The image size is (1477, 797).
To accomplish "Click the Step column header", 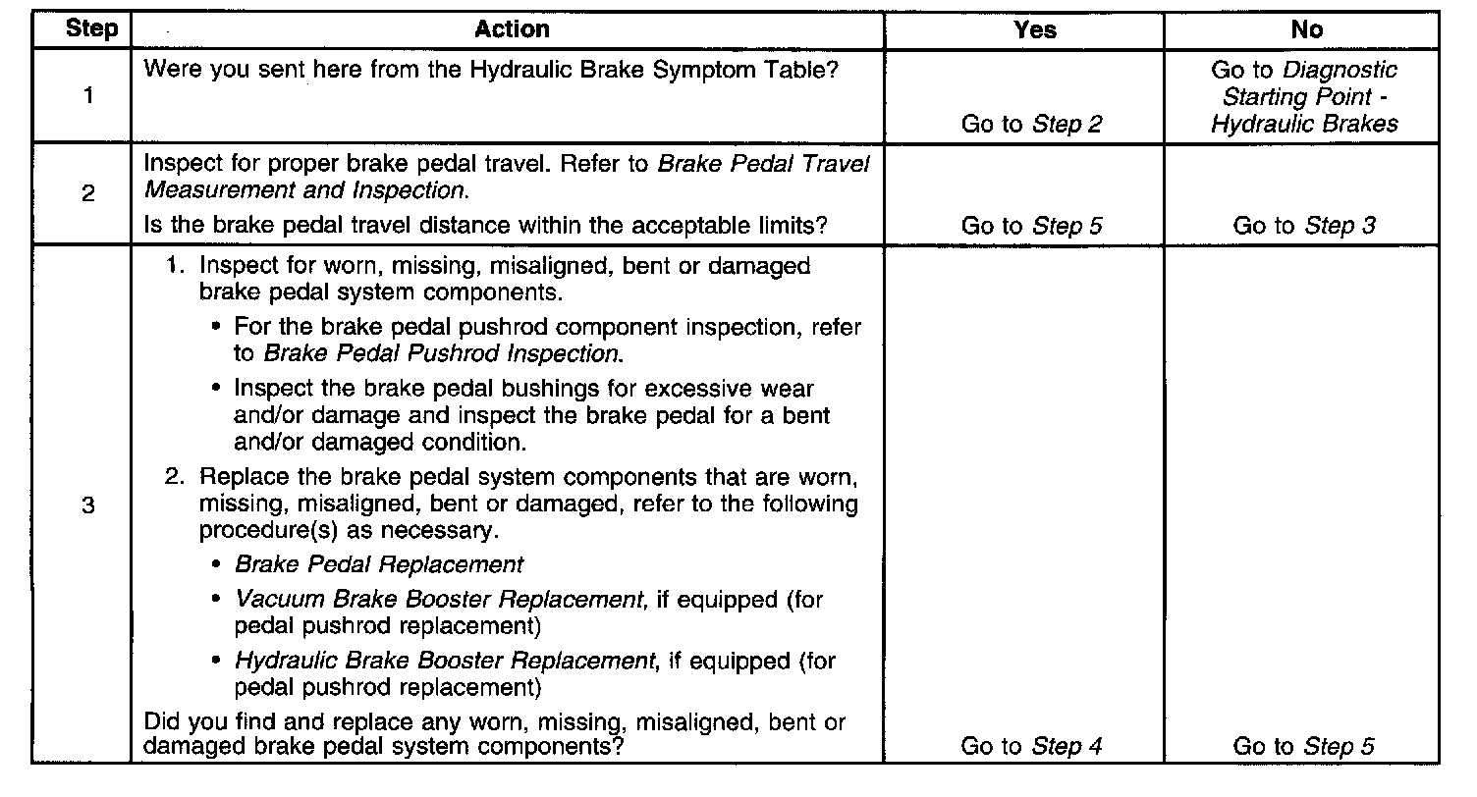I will coord(90,29).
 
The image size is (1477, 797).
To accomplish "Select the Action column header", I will coord(511,29).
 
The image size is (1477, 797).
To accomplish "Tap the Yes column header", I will coord(1034,29).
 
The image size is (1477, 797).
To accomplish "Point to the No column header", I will coord(1306,29).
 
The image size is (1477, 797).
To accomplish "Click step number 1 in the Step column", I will coord(88,97).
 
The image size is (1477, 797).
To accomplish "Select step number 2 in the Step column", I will coord(88,194).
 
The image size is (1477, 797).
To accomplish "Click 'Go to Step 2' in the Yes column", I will coord(1031,124).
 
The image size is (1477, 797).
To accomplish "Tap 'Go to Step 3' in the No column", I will coord(1304,226).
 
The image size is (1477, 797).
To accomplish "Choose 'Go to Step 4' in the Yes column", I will coord(1031,746).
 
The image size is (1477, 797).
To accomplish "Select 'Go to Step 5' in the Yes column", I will coord(1031,226).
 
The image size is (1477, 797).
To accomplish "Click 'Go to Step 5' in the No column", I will coord(1304,746).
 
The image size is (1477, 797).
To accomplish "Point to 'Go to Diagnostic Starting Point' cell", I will coord(1304,97).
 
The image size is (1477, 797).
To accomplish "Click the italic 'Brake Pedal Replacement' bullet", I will coord(379,564).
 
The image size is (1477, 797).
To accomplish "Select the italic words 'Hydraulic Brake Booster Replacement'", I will coord(444,661).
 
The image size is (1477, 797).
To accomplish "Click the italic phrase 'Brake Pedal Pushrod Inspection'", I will coord(441,353).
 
